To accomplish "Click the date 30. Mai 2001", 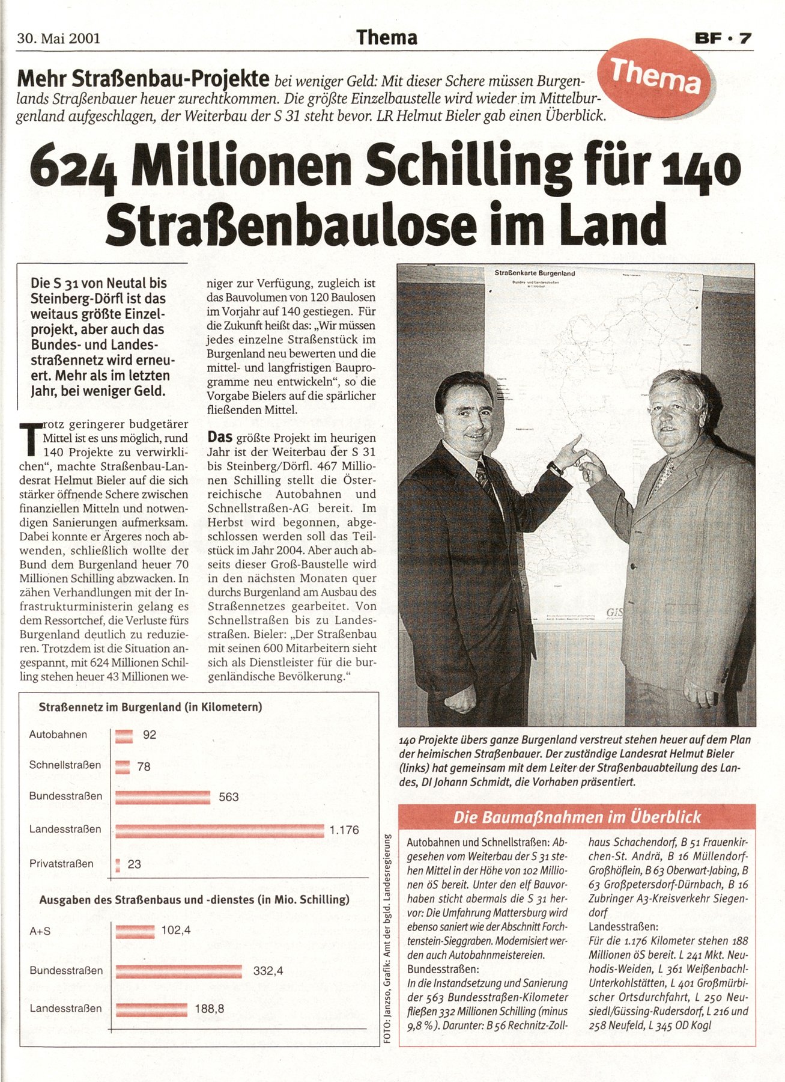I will [58, 38].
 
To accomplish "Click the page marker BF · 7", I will [723, 38].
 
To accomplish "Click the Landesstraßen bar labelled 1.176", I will [219, 831].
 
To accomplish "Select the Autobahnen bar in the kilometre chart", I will [124, 736].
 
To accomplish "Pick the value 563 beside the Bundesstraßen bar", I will [228, 797].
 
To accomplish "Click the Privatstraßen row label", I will [61, 864].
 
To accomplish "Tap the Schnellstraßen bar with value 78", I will [123, 766].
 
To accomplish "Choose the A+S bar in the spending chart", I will [135, 931].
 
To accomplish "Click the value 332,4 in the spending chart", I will [268, 970].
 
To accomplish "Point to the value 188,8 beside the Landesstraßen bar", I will [210, 1009].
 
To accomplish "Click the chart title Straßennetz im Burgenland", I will [150, 708].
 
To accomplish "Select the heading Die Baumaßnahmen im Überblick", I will [577, 818].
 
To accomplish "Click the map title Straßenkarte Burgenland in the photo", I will [535, 274].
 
